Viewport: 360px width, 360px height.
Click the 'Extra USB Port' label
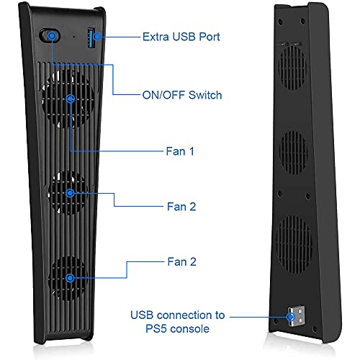tap(181, 37)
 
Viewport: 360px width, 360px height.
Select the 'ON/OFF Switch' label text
tap(182, 95)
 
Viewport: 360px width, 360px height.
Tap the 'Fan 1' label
tap(180, 151)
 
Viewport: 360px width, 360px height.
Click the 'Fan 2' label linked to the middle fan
tap(181, 207)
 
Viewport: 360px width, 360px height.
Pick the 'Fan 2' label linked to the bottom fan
tap(181, 261)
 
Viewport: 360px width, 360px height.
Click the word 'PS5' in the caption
tap(156, 328)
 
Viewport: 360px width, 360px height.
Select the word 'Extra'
tap(156, 37)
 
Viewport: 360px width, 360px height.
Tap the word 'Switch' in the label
tap(205, 95)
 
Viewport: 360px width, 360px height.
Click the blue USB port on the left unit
tap(91, 38)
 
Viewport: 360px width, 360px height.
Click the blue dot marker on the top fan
tap(71, 99)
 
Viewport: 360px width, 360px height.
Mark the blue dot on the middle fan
tap(70, 193)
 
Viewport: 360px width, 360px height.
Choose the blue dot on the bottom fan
tap(70, 278)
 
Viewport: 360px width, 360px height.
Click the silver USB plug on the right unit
tap(297, 316)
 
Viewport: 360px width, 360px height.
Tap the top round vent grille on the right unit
tap(292, 68)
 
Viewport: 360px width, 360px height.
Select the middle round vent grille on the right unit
tap(293, 153)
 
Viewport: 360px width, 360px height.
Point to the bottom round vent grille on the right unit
tap(294, 244)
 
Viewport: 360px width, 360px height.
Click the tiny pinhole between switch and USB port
tap(74, 37)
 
